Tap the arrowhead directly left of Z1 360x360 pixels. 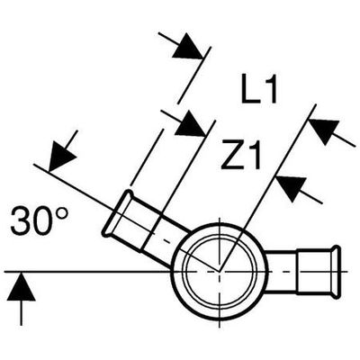191,123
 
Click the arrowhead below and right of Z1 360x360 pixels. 291,189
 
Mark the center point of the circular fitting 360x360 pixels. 220,272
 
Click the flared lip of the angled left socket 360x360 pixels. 116,211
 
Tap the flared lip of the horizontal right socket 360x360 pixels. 337,273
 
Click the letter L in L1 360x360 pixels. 250,88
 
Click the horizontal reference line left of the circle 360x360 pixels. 89,272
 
